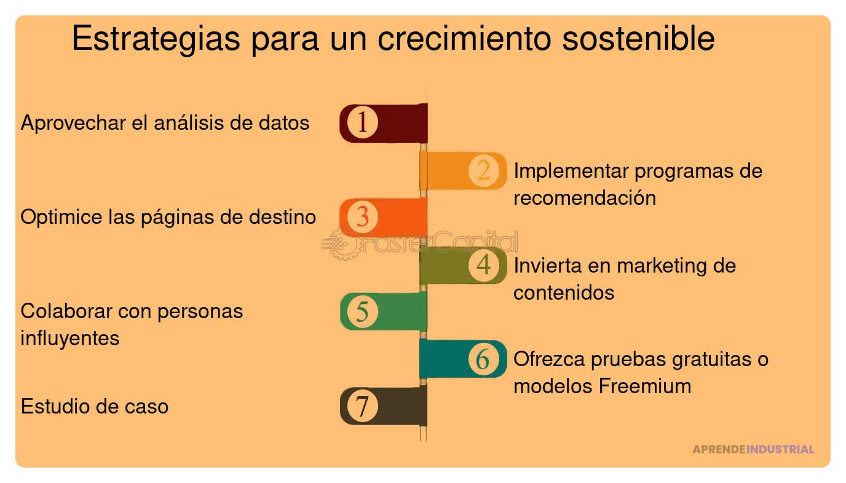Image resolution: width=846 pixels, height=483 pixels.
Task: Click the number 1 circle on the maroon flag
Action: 362,122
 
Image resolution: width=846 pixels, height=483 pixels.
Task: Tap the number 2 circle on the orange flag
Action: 483,170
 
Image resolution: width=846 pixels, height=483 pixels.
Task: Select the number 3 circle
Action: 362,217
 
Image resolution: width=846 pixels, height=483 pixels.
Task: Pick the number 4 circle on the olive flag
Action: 483,265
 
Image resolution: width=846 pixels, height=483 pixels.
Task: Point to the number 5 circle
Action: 362,311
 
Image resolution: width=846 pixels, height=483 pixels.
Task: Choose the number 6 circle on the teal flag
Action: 483,359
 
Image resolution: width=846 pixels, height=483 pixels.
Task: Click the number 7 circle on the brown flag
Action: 362,406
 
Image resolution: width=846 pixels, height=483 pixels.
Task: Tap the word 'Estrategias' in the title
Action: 156,39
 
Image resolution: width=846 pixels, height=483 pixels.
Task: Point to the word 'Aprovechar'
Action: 74,123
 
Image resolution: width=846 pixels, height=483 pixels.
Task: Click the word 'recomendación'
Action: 585,198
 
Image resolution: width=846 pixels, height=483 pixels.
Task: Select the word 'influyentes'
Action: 70,338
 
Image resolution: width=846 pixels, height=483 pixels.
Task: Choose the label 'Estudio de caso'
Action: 95,407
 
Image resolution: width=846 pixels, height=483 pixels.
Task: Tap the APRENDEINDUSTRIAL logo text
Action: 753,449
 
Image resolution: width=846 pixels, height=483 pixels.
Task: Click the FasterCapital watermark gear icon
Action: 339,244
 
